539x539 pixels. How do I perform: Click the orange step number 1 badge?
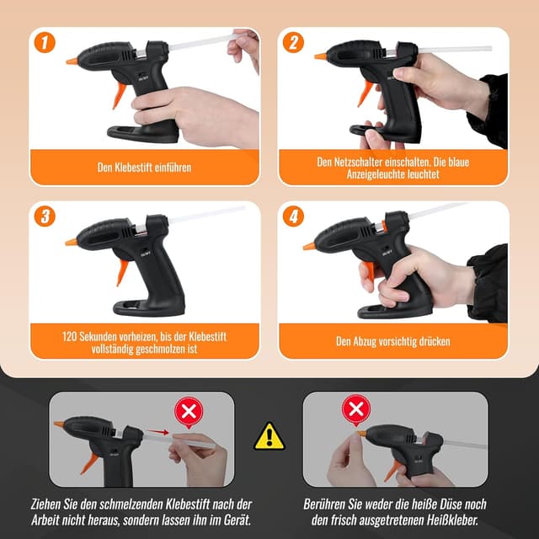coord(45,43)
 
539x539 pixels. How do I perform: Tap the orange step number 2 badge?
coord(293,43)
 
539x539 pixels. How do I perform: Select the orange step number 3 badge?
coord(45,216)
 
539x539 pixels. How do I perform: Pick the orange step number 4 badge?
coord(293,216)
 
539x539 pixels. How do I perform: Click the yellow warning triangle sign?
coord(269,436)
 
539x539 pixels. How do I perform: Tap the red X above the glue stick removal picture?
coord(189,412)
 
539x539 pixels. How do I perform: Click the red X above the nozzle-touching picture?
coord(356,409)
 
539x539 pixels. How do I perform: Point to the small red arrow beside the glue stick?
coord(158,432)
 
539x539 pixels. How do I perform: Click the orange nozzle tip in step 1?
coord(72,61)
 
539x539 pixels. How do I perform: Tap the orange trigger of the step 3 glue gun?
coord(121,272)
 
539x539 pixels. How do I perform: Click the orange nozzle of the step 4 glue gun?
coord(309,246)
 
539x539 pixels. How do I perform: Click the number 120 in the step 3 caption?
coord(69,337)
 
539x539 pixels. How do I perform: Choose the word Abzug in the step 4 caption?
coord(364,342)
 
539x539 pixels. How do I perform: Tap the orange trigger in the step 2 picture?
coord(365,93)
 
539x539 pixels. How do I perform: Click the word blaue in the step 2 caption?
coord(458,162)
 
